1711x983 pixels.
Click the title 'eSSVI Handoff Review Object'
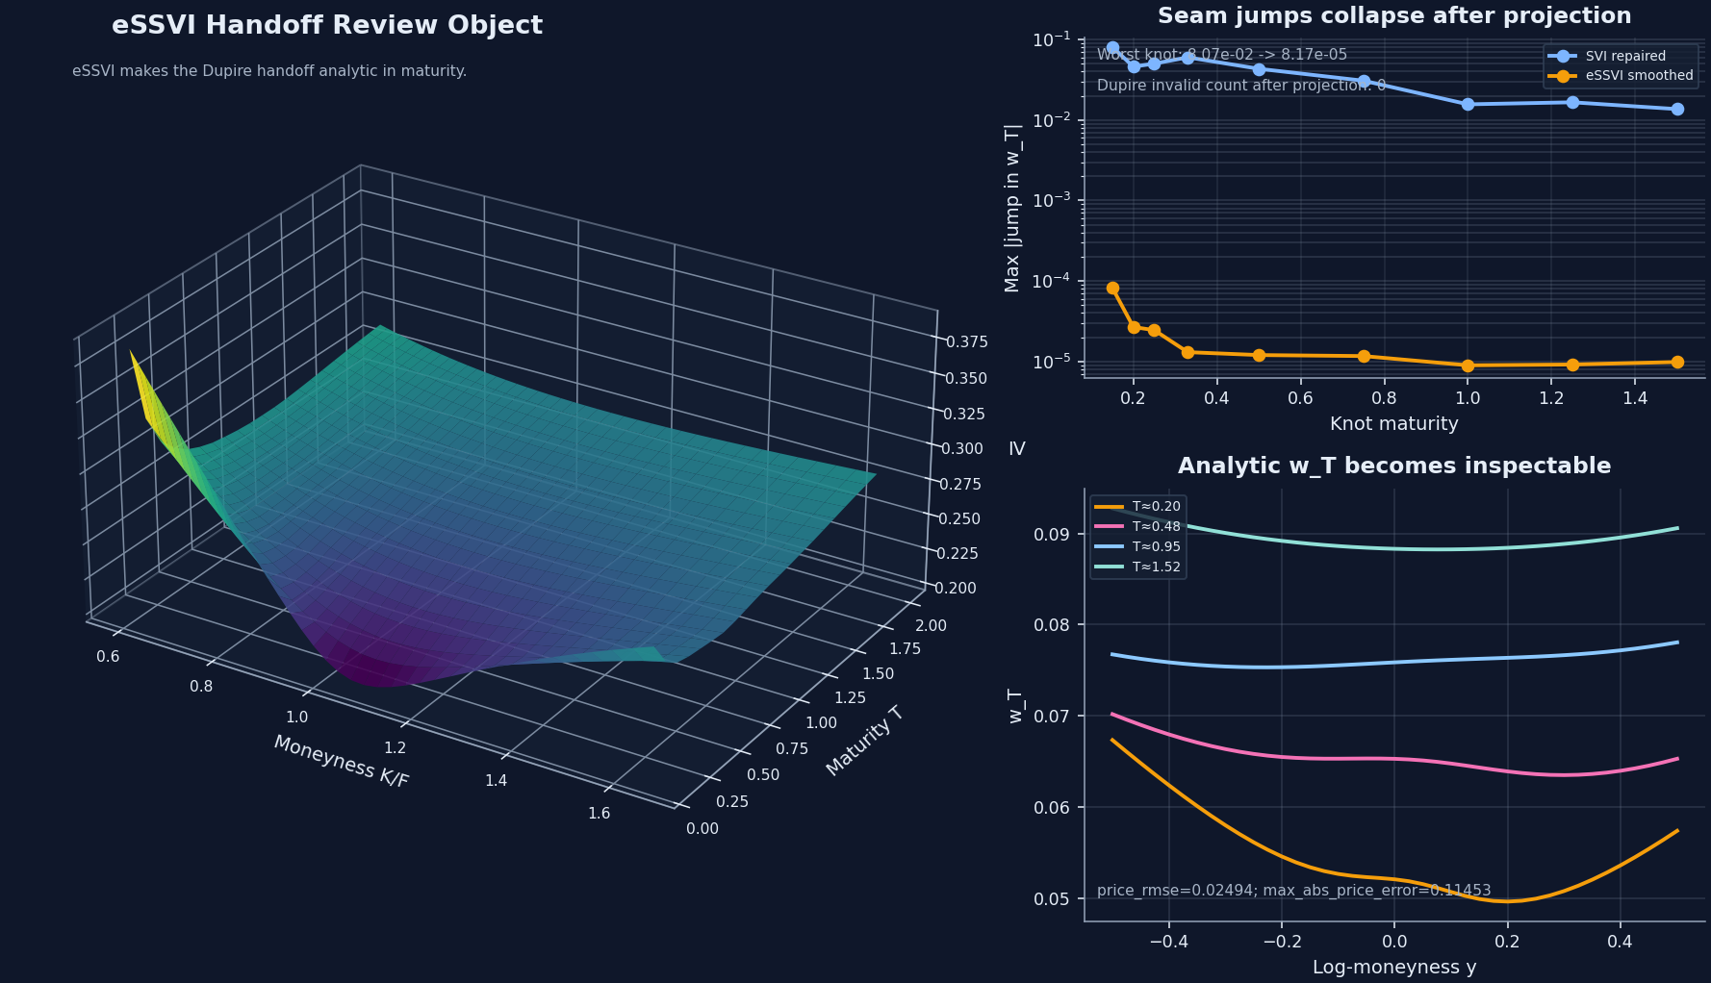tap(327, 26)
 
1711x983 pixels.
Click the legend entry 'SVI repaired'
tap(1625, 57)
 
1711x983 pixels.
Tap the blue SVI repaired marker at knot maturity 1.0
tap(1468, 104)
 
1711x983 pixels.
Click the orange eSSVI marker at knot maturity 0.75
tap(1364, 356)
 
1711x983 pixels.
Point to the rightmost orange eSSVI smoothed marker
tap(1677, 363)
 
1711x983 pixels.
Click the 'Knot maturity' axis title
tap(1393, 424)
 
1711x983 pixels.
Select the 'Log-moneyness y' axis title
tap(1393, 968)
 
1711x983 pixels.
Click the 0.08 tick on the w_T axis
tap(1052, 625)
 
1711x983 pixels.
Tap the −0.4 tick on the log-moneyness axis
tap(1168, 942)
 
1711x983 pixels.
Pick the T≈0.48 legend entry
tap(1156, 527)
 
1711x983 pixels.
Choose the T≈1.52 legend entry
tap(1156, 567)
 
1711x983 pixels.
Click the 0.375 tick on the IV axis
tap(966, 342)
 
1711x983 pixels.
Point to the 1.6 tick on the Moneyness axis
tap(599, 814)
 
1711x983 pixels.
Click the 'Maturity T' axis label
tap(864, 741)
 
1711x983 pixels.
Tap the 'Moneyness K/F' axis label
tap(342, 762)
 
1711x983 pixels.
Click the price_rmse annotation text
tap(1293, 891)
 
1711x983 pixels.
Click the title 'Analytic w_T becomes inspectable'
tap(1393, 466)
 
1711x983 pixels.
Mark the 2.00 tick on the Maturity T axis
tap(931, 626)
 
